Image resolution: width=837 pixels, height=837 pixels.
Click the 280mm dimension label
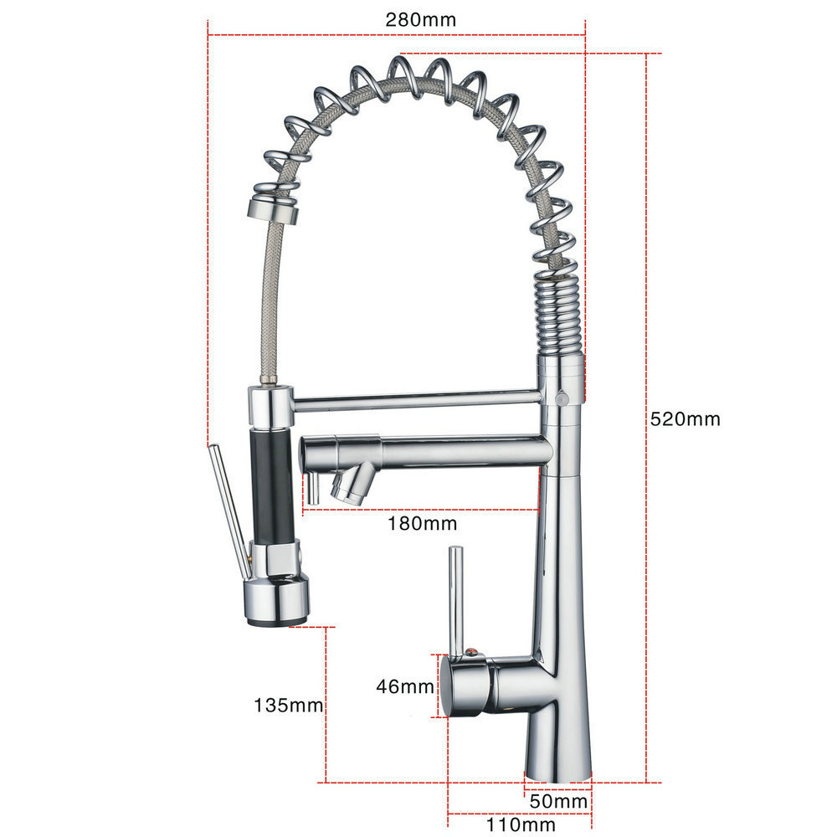[421, 20]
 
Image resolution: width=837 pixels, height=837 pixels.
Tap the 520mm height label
[685, 419]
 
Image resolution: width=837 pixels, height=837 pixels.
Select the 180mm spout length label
[422, 524]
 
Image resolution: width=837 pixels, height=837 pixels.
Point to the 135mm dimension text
[288, 705]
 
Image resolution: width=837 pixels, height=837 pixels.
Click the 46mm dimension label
[405, 686]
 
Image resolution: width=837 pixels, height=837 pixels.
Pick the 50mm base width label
[558, 801]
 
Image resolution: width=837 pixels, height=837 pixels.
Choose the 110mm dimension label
[521, 824]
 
